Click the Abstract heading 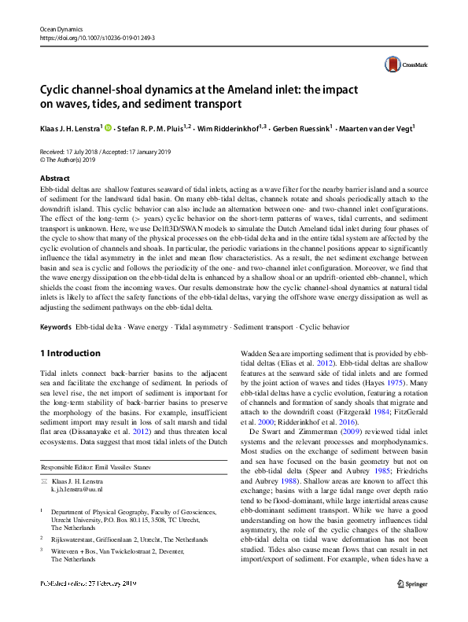tap(55, 179)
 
